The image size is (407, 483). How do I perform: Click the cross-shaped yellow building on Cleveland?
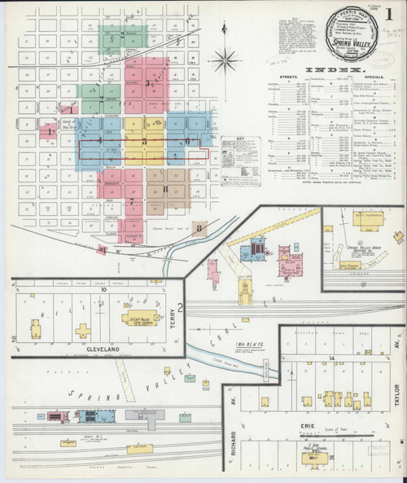pyautogui.click(x=82, y=330)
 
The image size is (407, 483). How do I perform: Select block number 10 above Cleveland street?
pyautogui.click(x=103, y=289)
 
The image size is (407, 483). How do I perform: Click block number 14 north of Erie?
pyautogui.click(x=334, y=358)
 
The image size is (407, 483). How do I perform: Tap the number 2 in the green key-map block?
pyautogui.click(x=122, y=34)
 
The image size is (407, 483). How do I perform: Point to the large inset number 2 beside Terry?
pyautogui.click(x=182, y=308)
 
